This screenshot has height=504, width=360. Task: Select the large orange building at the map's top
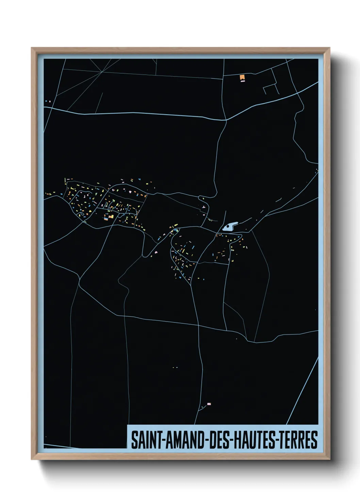(x=242, y=77)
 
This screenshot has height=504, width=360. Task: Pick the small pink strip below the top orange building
(x=243, y=81)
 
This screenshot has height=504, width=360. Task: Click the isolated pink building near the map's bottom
(x=209, y=404)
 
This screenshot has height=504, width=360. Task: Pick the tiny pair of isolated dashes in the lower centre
(x=175, y=367)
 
